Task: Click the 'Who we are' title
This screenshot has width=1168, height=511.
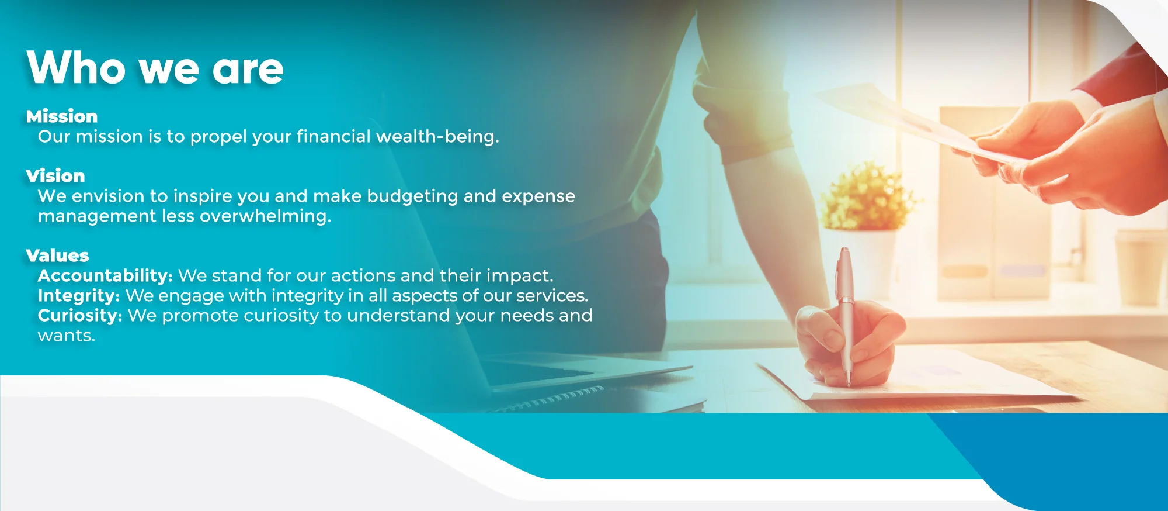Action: (x=155, y=68)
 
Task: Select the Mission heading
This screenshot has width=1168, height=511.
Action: (x=62, y=116)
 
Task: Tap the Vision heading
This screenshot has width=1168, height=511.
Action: (x=55, y=176)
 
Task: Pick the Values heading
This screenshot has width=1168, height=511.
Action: (x=58, y=255)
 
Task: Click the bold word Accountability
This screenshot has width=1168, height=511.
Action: (x=105, y=276)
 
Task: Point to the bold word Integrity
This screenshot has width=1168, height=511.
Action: (x=79, y=296)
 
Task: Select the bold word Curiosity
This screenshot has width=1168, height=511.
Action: (x=80, y=316)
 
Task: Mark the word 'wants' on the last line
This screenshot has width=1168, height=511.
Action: (x=67, y=336)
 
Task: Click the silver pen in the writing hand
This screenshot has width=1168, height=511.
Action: (x=844, y=316)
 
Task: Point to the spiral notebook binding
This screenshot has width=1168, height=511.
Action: (x=552, y=398)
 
